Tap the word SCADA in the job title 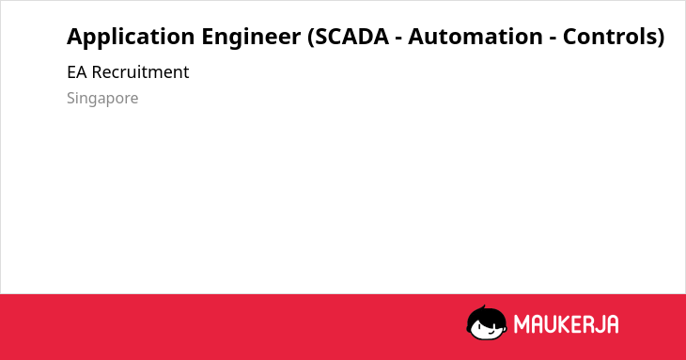click(x=351, y=36)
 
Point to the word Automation click(x=476, y=36)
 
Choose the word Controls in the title click(x=610, y=36)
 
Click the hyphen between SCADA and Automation click(x=398, y=39)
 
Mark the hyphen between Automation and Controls click(x=553, y=39)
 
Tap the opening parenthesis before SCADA click(x=311, y=37)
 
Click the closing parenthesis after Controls click(x=661, y=37)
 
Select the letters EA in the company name click(x=77, y=72)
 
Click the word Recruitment click(x=140, y=71)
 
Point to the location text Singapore click(x=102, y=99)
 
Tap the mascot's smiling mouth click(x=491, y=332)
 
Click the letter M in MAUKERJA click(x=522, y=324)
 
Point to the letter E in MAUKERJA click(x=576, y=324)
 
